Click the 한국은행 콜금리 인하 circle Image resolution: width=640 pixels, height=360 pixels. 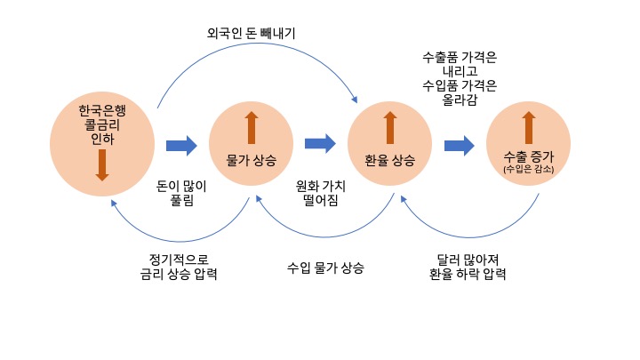102,142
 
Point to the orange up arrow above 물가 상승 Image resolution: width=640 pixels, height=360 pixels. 252,128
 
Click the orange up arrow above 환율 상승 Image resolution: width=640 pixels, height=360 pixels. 389,128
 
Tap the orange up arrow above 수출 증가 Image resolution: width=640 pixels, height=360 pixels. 529,128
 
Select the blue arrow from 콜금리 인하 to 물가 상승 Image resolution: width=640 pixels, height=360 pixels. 181,145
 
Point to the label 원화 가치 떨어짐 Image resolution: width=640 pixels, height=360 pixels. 321,193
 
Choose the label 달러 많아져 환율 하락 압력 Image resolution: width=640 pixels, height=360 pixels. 468,267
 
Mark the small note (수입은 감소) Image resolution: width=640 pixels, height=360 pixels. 529,169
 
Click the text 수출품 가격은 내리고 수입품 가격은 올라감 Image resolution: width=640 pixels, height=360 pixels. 459,80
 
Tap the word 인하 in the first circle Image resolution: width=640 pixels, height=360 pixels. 102,139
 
